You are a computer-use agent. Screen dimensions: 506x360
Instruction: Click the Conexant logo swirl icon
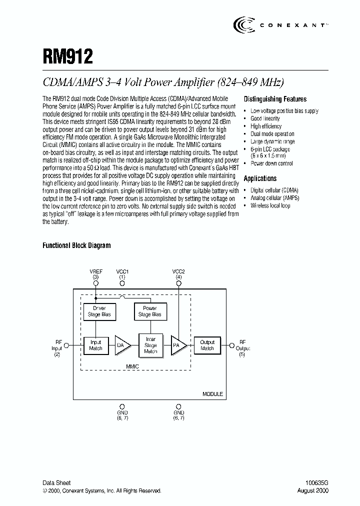243,24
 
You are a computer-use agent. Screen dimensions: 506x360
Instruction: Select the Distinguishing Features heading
275,99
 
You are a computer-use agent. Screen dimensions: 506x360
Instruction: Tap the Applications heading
260,178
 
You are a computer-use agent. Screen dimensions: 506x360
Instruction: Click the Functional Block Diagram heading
76,245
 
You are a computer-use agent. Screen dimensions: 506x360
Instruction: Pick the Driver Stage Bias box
99,311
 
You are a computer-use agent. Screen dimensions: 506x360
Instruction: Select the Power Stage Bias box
149,311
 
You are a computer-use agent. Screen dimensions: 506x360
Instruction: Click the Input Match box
95,345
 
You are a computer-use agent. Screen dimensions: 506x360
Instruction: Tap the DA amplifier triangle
121,345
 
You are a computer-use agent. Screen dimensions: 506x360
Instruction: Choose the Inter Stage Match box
150,345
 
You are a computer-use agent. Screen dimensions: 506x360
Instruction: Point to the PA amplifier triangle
178,345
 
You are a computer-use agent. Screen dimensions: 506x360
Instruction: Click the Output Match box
207,345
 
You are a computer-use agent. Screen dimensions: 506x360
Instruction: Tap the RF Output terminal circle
231,345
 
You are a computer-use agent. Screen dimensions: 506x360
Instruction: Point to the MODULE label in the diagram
212,394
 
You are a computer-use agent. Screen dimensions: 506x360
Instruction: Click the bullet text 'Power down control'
271,163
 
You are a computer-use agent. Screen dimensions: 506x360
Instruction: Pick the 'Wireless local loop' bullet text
270,205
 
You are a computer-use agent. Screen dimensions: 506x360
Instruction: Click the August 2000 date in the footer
314,491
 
